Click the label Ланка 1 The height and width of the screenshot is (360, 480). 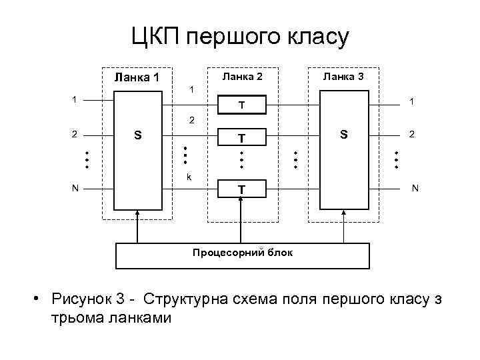[x=137, y=78]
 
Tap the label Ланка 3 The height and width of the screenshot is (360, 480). [x=343, y=77]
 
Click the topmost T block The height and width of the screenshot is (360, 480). [x=243, y=105]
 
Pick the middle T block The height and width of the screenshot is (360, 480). [x=243, y=137]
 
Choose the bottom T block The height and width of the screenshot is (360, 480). [x=243, y=191]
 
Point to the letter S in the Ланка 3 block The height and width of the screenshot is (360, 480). [x=343, y=135]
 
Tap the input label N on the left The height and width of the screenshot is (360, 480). [x=76, y=189]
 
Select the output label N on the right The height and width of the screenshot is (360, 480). [x=415, y=189]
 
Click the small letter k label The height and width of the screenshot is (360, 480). [x=190, y=177]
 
